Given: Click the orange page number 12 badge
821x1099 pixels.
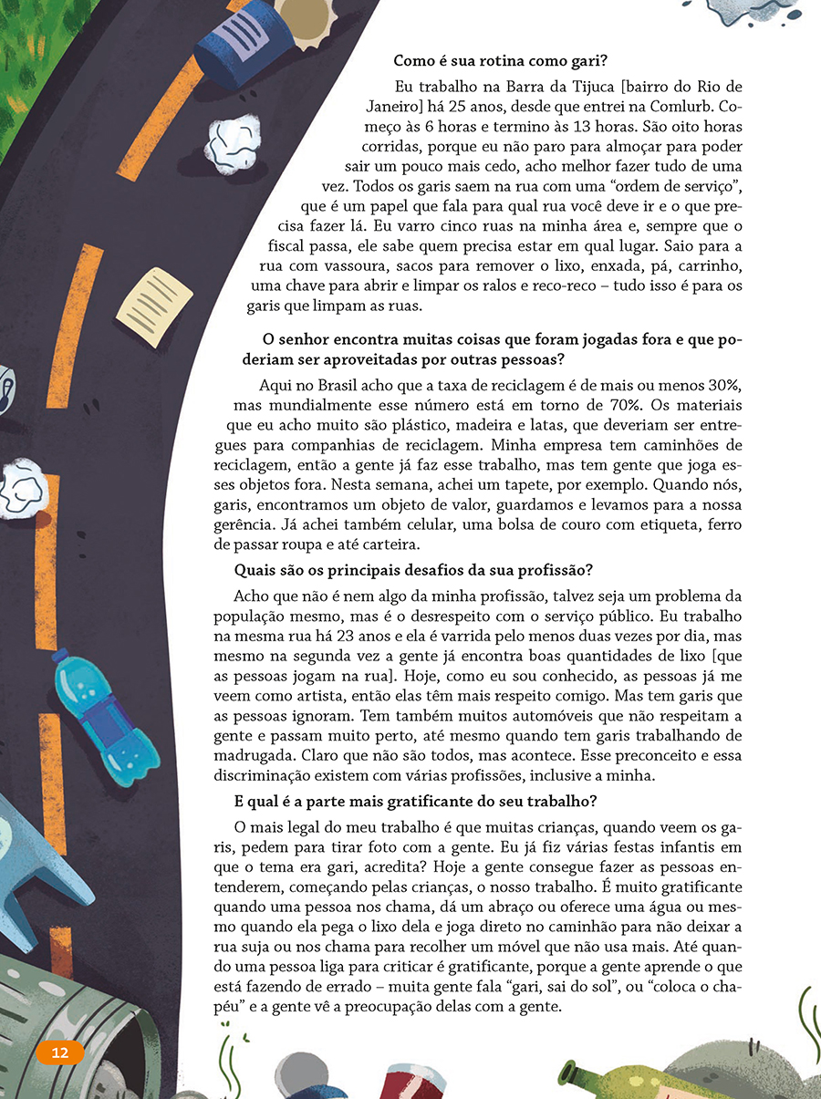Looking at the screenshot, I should [60, 1052].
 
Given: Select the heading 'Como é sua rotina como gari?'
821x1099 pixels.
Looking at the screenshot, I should [500, 61].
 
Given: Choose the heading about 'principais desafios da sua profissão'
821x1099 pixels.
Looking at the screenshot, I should [414, 571].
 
